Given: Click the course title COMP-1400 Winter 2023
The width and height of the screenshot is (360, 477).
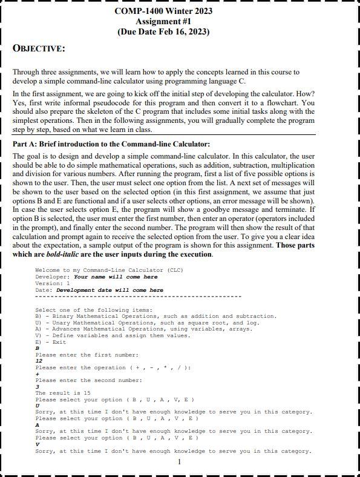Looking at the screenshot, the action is click(x=163, y=11).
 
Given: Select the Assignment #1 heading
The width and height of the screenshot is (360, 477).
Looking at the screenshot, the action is click(x=163, y=21).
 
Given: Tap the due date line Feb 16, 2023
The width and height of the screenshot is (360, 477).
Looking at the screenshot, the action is click(x=163, y=31).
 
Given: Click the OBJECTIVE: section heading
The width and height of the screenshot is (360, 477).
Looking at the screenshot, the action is click(x=39, y=48).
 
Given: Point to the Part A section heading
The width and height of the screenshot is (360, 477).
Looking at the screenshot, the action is click(x=111, y=144).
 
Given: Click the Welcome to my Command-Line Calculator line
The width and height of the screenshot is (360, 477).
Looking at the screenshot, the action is click(x=109, y=270).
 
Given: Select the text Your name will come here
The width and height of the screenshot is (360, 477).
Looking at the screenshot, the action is click(x=116, y=277).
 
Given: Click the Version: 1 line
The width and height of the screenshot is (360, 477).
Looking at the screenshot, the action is click(x=53, y=283).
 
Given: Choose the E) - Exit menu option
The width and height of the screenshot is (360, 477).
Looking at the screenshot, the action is click(x=51, y=342).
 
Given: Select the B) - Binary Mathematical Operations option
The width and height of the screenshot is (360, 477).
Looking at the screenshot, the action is click(x=155, y=316).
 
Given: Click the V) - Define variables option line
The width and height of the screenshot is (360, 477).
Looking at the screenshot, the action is click(x=113, y=335).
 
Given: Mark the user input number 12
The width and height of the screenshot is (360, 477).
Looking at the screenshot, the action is click(x=39, y=361).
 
